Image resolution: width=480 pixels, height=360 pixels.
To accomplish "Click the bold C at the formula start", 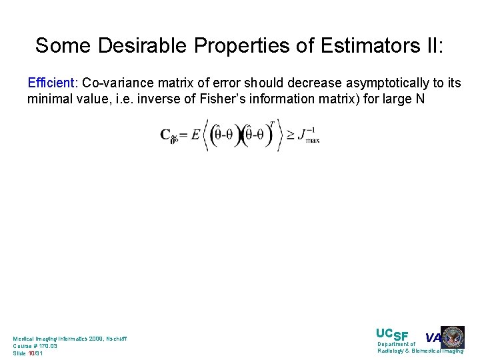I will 165,135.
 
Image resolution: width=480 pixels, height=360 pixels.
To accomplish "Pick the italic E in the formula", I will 195,135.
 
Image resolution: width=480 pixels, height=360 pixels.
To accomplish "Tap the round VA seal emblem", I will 453,337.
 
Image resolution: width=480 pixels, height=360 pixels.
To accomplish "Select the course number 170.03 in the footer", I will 47,346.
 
